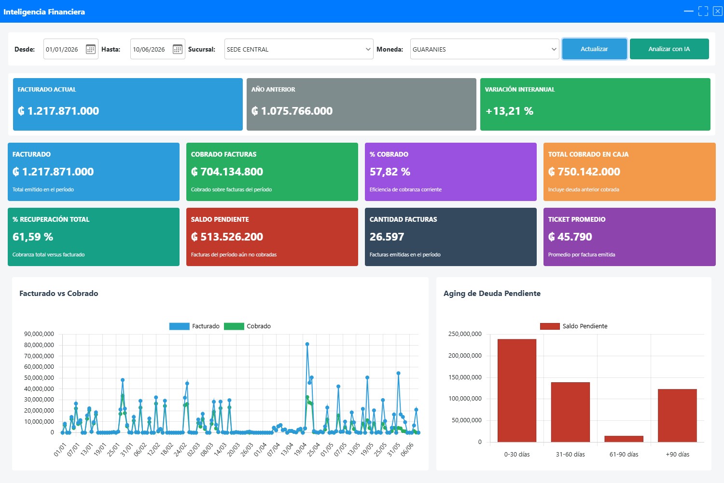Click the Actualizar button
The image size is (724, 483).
click(x=594, y=49)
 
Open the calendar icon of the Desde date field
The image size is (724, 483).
click(x=91, y=49)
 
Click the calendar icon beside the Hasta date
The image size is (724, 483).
click(x=178, y=49)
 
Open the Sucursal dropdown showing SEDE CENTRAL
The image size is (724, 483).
click(x=299, y=49)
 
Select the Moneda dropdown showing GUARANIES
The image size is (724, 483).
click(x=485, y=49)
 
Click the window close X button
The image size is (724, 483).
click(x=718, y=11)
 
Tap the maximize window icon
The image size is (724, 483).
click(x=703, y=11)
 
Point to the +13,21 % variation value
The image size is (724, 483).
click(x=509, y=111)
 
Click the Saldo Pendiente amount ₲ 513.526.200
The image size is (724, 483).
click(x=227, y=237)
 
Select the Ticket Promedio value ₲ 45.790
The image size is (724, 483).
click(x=570, y=237)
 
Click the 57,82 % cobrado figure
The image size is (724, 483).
click(x=390, y=172)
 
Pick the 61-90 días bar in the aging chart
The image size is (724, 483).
click(x=624, y=439)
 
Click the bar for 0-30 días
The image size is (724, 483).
click(x=517, y=390)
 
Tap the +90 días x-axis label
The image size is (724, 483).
click(x=678, y=454)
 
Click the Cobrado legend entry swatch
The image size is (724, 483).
click(x=234, y=326)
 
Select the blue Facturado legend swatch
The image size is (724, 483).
click(x=180, y=326)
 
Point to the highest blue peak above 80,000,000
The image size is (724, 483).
click(x=307, y=344)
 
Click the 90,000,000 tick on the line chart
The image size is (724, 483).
click(x=39, y=334)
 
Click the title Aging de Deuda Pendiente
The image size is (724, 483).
click(x=492, y=293)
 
